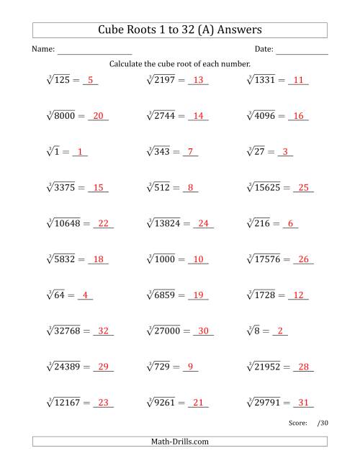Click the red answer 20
99,116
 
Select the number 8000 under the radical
60,116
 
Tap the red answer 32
103,332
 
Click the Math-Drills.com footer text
180,442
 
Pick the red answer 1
80,152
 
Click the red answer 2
282,332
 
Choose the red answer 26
303,260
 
